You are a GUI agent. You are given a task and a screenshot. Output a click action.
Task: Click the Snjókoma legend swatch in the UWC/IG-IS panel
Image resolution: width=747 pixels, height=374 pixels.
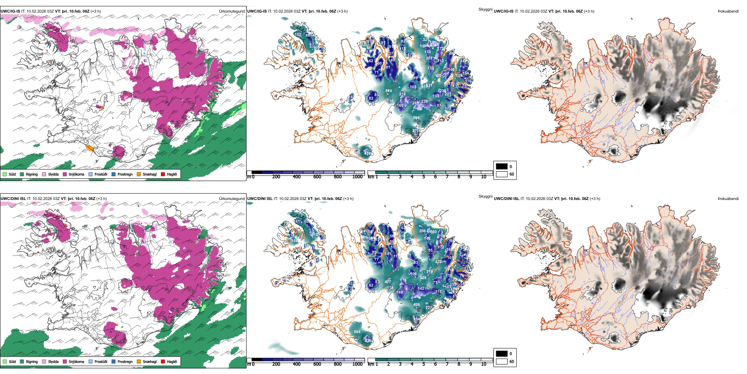tap(65, 174)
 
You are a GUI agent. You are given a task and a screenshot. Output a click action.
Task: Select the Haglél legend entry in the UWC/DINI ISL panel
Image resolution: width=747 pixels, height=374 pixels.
tap(172, 361)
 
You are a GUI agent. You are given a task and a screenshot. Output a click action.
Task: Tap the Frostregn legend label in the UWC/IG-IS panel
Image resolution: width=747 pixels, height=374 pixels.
tap(125, 174)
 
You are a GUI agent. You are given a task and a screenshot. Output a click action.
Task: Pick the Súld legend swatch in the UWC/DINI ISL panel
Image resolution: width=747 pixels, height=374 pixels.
tap(5, 361)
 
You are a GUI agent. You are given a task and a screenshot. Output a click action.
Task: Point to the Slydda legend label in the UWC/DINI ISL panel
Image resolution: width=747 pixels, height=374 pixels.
tap(53, 361)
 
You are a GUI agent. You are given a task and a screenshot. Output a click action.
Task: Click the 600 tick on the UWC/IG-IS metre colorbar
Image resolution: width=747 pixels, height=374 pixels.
tap(317, 177)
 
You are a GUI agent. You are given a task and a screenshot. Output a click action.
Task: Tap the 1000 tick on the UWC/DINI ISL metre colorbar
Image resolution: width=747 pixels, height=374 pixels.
tap(357, 364)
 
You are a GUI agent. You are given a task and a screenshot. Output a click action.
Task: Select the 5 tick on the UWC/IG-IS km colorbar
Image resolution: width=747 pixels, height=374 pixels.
tap(423, 177)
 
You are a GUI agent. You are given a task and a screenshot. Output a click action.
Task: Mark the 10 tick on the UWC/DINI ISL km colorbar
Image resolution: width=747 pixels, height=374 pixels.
tap(484, 364)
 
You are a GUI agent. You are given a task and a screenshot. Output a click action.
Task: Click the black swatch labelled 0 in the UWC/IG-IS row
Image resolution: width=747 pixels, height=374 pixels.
tap(502, 167)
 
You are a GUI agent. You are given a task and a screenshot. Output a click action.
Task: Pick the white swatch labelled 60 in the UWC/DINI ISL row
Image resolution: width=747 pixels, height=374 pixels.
tap(502, 361)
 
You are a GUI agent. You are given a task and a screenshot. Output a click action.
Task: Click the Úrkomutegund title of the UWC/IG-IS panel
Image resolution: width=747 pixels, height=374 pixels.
tap(232, 11)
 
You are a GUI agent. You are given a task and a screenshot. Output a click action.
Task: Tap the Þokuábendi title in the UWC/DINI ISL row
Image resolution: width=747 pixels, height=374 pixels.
tap(728, 199)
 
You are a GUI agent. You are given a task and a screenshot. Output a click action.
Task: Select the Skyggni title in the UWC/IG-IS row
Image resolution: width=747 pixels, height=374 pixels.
tap(485, 9)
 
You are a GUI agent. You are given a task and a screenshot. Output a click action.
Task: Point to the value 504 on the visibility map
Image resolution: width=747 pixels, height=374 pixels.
tap(416, 118)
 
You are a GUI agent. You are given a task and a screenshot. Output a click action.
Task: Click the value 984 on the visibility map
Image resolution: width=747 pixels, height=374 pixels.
tap(357, 332)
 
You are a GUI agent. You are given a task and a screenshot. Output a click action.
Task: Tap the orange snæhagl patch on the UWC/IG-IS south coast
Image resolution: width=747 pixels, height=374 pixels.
tap(90, 148)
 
